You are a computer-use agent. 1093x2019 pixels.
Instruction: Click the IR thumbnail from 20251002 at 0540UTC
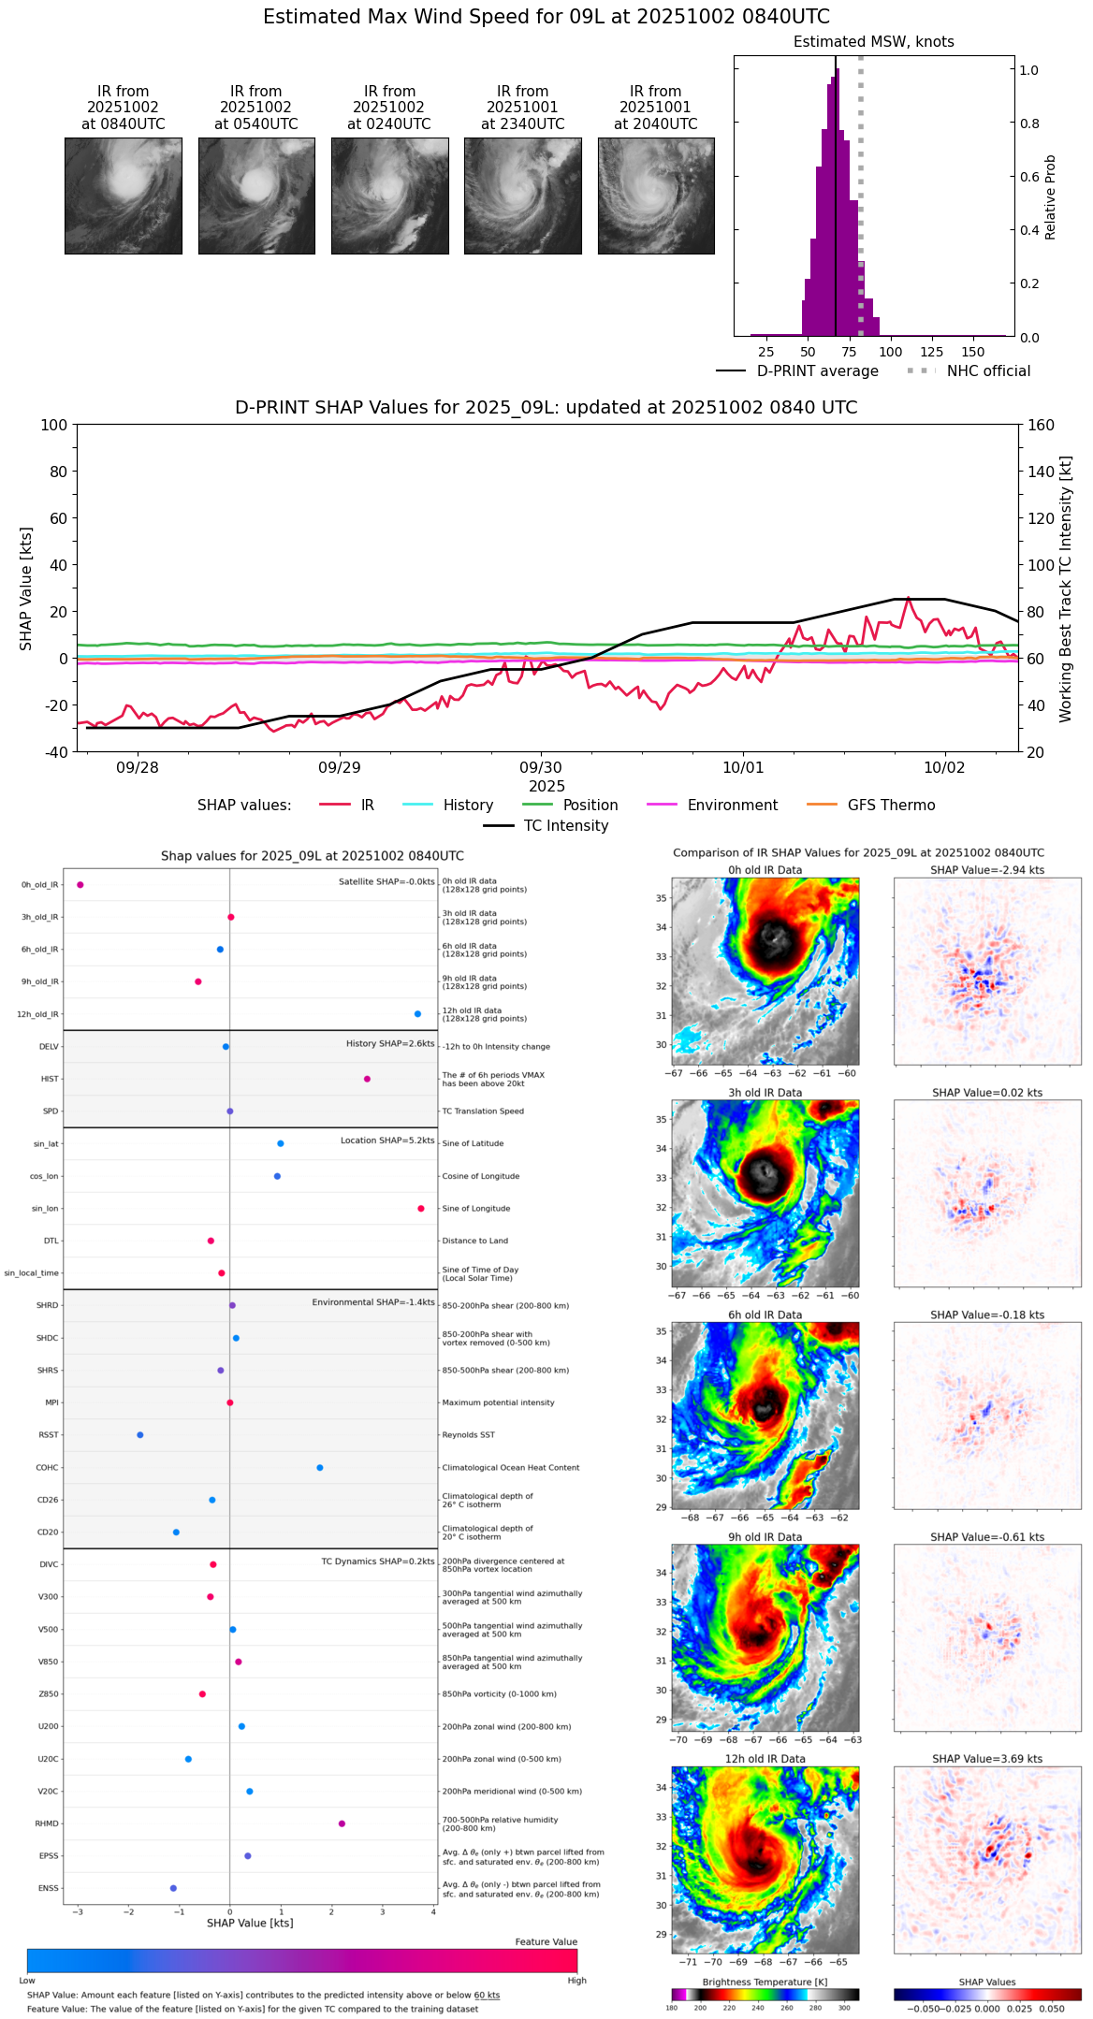tap(256, 196)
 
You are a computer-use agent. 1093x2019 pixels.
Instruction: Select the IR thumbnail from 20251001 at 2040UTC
tap(656, 196)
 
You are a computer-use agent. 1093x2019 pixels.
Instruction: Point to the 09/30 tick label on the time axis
tap(541, 768)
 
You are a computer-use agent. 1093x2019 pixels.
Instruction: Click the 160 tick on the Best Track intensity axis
tap(1041, 426)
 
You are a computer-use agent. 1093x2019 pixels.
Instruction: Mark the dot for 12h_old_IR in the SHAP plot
tap(417, 1014)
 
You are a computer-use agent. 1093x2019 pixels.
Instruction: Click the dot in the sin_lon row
tap(421, 1209)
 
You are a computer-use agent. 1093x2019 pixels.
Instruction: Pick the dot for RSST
tap(140, 1435)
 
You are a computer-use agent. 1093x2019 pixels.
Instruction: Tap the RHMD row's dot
tap(342, 1823)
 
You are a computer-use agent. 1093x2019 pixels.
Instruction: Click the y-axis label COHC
tap(47, 1468)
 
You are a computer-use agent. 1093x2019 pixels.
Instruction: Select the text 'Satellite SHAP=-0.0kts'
tap(386, 881)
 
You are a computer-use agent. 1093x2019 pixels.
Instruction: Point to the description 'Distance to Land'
tap(474, 1242)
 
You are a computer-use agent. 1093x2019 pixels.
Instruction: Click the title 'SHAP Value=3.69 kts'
tap(987, 1759)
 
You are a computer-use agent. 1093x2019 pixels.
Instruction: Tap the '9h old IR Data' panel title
tap(765, 1537)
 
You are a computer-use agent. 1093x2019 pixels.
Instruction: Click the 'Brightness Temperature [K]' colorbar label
tap(765, 1983)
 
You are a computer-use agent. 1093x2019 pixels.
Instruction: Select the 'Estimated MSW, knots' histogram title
tap(873, 42)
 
